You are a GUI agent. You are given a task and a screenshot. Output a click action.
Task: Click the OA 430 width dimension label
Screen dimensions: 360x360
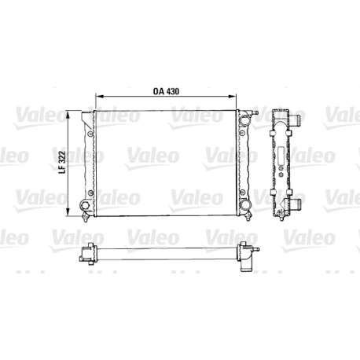[166, 91]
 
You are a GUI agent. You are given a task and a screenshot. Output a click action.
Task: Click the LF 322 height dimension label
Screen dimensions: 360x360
[62, 163]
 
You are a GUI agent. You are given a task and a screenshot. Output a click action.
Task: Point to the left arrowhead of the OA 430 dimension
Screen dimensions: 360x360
[99, 97]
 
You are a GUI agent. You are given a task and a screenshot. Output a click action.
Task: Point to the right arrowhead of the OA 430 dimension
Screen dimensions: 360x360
[233, 97]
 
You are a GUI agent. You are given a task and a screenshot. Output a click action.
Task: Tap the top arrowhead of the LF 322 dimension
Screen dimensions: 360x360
[68, 114]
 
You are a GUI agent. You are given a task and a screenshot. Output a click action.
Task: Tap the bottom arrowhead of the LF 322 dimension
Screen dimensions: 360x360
[68, 213]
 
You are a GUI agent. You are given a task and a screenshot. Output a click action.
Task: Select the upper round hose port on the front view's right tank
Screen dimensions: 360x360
[245, 120]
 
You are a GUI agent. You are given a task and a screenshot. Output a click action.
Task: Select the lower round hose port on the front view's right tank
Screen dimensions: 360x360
[245, 204]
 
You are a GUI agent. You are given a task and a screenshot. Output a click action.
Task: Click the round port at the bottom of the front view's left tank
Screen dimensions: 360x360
[85, 205]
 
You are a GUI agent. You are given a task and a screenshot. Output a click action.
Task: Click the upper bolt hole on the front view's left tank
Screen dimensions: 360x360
[90, 134]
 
